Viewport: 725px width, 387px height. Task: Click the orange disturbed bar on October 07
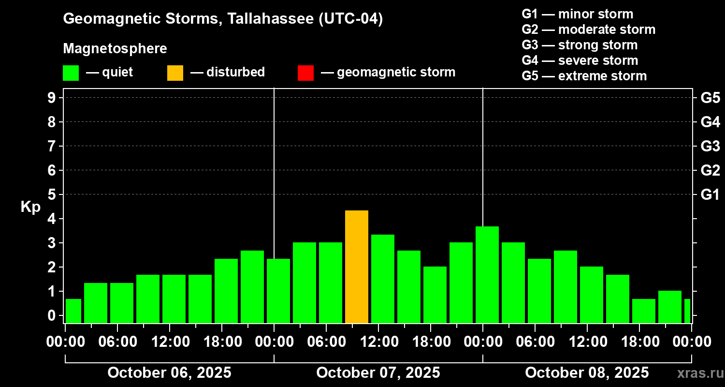357,267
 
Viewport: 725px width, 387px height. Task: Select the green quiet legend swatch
71,73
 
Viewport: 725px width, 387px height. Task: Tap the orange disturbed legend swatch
175,73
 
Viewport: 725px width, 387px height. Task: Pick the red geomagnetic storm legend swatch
305,73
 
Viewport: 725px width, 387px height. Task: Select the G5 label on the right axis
710,98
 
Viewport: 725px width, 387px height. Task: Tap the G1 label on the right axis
710,195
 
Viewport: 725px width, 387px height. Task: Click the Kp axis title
30,207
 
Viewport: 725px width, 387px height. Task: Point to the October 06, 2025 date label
169,373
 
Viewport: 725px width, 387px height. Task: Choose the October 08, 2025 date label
587,373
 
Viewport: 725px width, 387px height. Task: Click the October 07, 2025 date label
378,373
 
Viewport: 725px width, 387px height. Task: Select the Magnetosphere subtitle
115,49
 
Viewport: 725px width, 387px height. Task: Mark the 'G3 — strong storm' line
580,45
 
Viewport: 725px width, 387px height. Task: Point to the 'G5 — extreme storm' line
584,76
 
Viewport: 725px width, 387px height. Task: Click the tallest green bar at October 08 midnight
487,274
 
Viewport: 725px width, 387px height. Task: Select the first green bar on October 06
73,311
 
